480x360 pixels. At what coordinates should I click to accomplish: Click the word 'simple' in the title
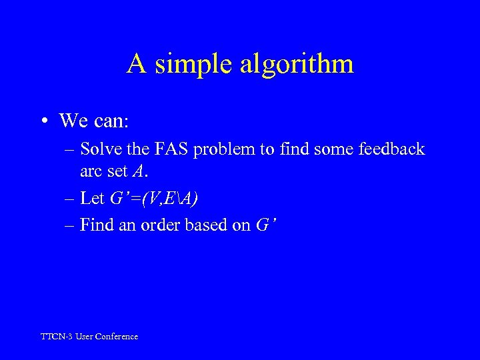pyautogui.click(x=195, y=65)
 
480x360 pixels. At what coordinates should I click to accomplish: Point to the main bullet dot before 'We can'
pyautogui.click(x=44, y=121)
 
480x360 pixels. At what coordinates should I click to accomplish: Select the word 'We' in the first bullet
pyautogui.click(x=72, y=121)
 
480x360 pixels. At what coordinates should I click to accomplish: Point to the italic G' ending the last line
pyautogui.click(x=265, y=225)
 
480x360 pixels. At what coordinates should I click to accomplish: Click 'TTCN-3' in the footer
pyautogui.click(x=57, y=337)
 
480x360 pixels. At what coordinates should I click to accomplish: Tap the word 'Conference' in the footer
pyautogui.click(x=117, y=337)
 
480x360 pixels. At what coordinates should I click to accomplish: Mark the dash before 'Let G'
pyautogui.click(x=70, y=198)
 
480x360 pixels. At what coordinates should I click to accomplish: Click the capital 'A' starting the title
pyautogui.click(x=137, y=64)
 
